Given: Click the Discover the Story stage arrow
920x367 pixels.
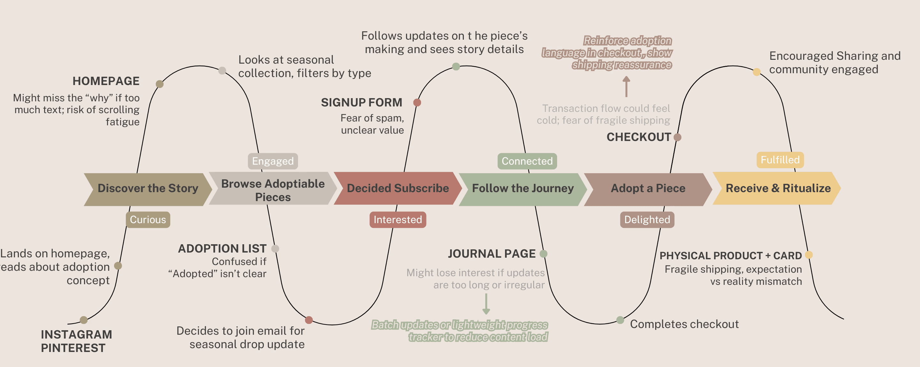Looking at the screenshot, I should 148,189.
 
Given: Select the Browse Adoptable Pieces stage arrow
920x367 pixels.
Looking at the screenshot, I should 272,189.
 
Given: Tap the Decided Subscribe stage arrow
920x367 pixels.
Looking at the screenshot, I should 397,188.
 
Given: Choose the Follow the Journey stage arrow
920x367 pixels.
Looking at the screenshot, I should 523,188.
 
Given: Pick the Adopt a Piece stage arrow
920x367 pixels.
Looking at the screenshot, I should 648,189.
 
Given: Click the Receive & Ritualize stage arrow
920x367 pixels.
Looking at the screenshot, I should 778,188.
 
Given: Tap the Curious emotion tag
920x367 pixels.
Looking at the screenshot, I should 148,219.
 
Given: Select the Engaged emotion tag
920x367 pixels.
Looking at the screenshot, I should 273,161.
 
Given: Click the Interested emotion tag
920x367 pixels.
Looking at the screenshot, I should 397,219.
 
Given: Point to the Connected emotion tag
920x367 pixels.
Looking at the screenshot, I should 527,161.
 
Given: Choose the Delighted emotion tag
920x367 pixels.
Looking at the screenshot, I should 647,219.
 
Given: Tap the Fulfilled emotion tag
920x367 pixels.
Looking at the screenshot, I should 780,160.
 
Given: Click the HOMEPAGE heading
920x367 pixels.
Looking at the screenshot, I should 106,81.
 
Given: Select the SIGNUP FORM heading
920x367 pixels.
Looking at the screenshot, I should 361,103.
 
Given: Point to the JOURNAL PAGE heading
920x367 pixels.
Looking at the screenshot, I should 492,254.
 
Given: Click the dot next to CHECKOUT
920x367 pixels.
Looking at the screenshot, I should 677,137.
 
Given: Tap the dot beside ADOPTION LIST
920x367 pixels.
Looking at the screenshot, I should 275,249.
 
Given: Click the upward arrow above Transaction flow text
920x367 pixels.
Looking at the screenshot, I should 626,87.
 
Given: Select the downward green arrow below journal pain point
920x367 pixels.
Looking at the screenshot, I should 486,304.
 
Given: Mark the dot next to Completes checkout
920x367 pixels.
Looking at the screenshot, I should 620,320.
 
